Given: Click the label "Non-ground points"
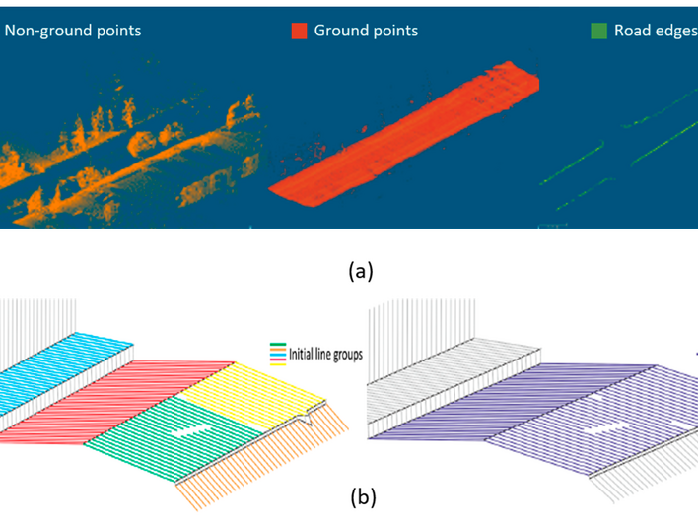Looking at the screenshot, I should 73,32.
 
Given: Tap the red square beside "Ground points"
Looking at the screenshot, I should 299,32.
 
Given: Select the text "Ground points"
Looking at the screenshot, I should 366,32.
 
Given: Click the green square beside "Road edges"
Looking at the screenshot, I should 598,32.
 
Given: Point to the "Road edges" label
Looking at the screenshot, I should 656,32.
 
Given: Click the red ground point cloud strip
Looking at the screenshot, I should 404,138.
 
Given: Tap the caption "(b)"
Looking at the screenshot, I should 362,497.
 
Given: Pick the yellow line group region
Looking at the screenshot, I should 251,389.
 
